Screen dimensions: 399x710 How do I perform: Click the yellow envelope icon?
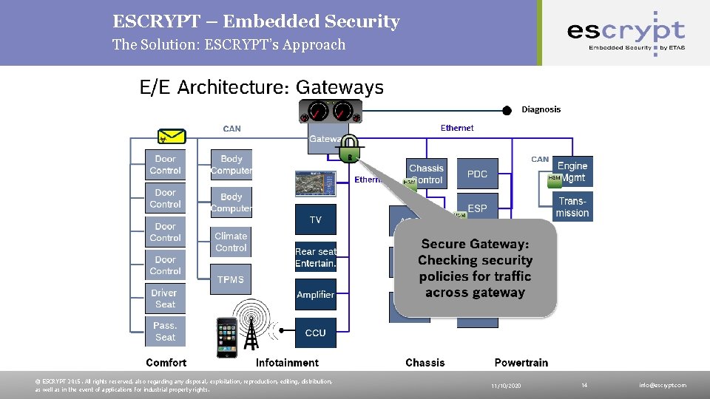(x=172, y=137)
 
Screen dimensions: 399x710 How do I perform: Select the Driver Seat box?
(x=165, y=298)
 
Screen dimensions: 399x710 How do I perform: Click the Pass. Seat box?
(x=165, y=331)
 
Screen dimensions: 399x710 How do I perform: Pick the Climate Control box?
(x=231, y=242)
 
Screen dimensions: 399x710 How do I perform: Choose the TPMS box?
(x=231, y=279)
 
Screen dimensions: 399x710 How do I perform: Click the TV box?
(x=315, y=219)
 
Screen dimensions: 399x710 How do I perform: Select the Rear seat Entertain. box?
(x=315, y=257)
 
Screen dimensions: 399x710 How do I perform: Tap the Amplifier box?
(x=315, y=295)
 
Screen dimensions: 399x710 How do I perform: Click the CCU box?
(x=315, y=332)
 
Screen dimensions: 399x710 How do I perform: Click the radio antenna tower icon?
(x=251, y=325)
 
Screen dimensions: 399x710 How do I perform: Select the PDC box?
(x=477, y=174)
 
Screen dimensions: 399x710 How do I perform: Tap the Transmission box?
(x=572, y=207)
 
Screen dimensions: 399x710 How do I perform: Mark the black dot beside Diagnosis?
(x=507, y=110)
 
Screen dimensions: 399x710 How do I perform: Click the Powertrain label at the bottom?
(x=521, y=362)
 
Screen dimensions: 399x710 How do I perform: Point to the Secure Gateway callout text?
(x=475, y=267)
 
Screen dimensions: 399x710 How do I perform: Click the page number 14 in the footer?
(x=584, y=385)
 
